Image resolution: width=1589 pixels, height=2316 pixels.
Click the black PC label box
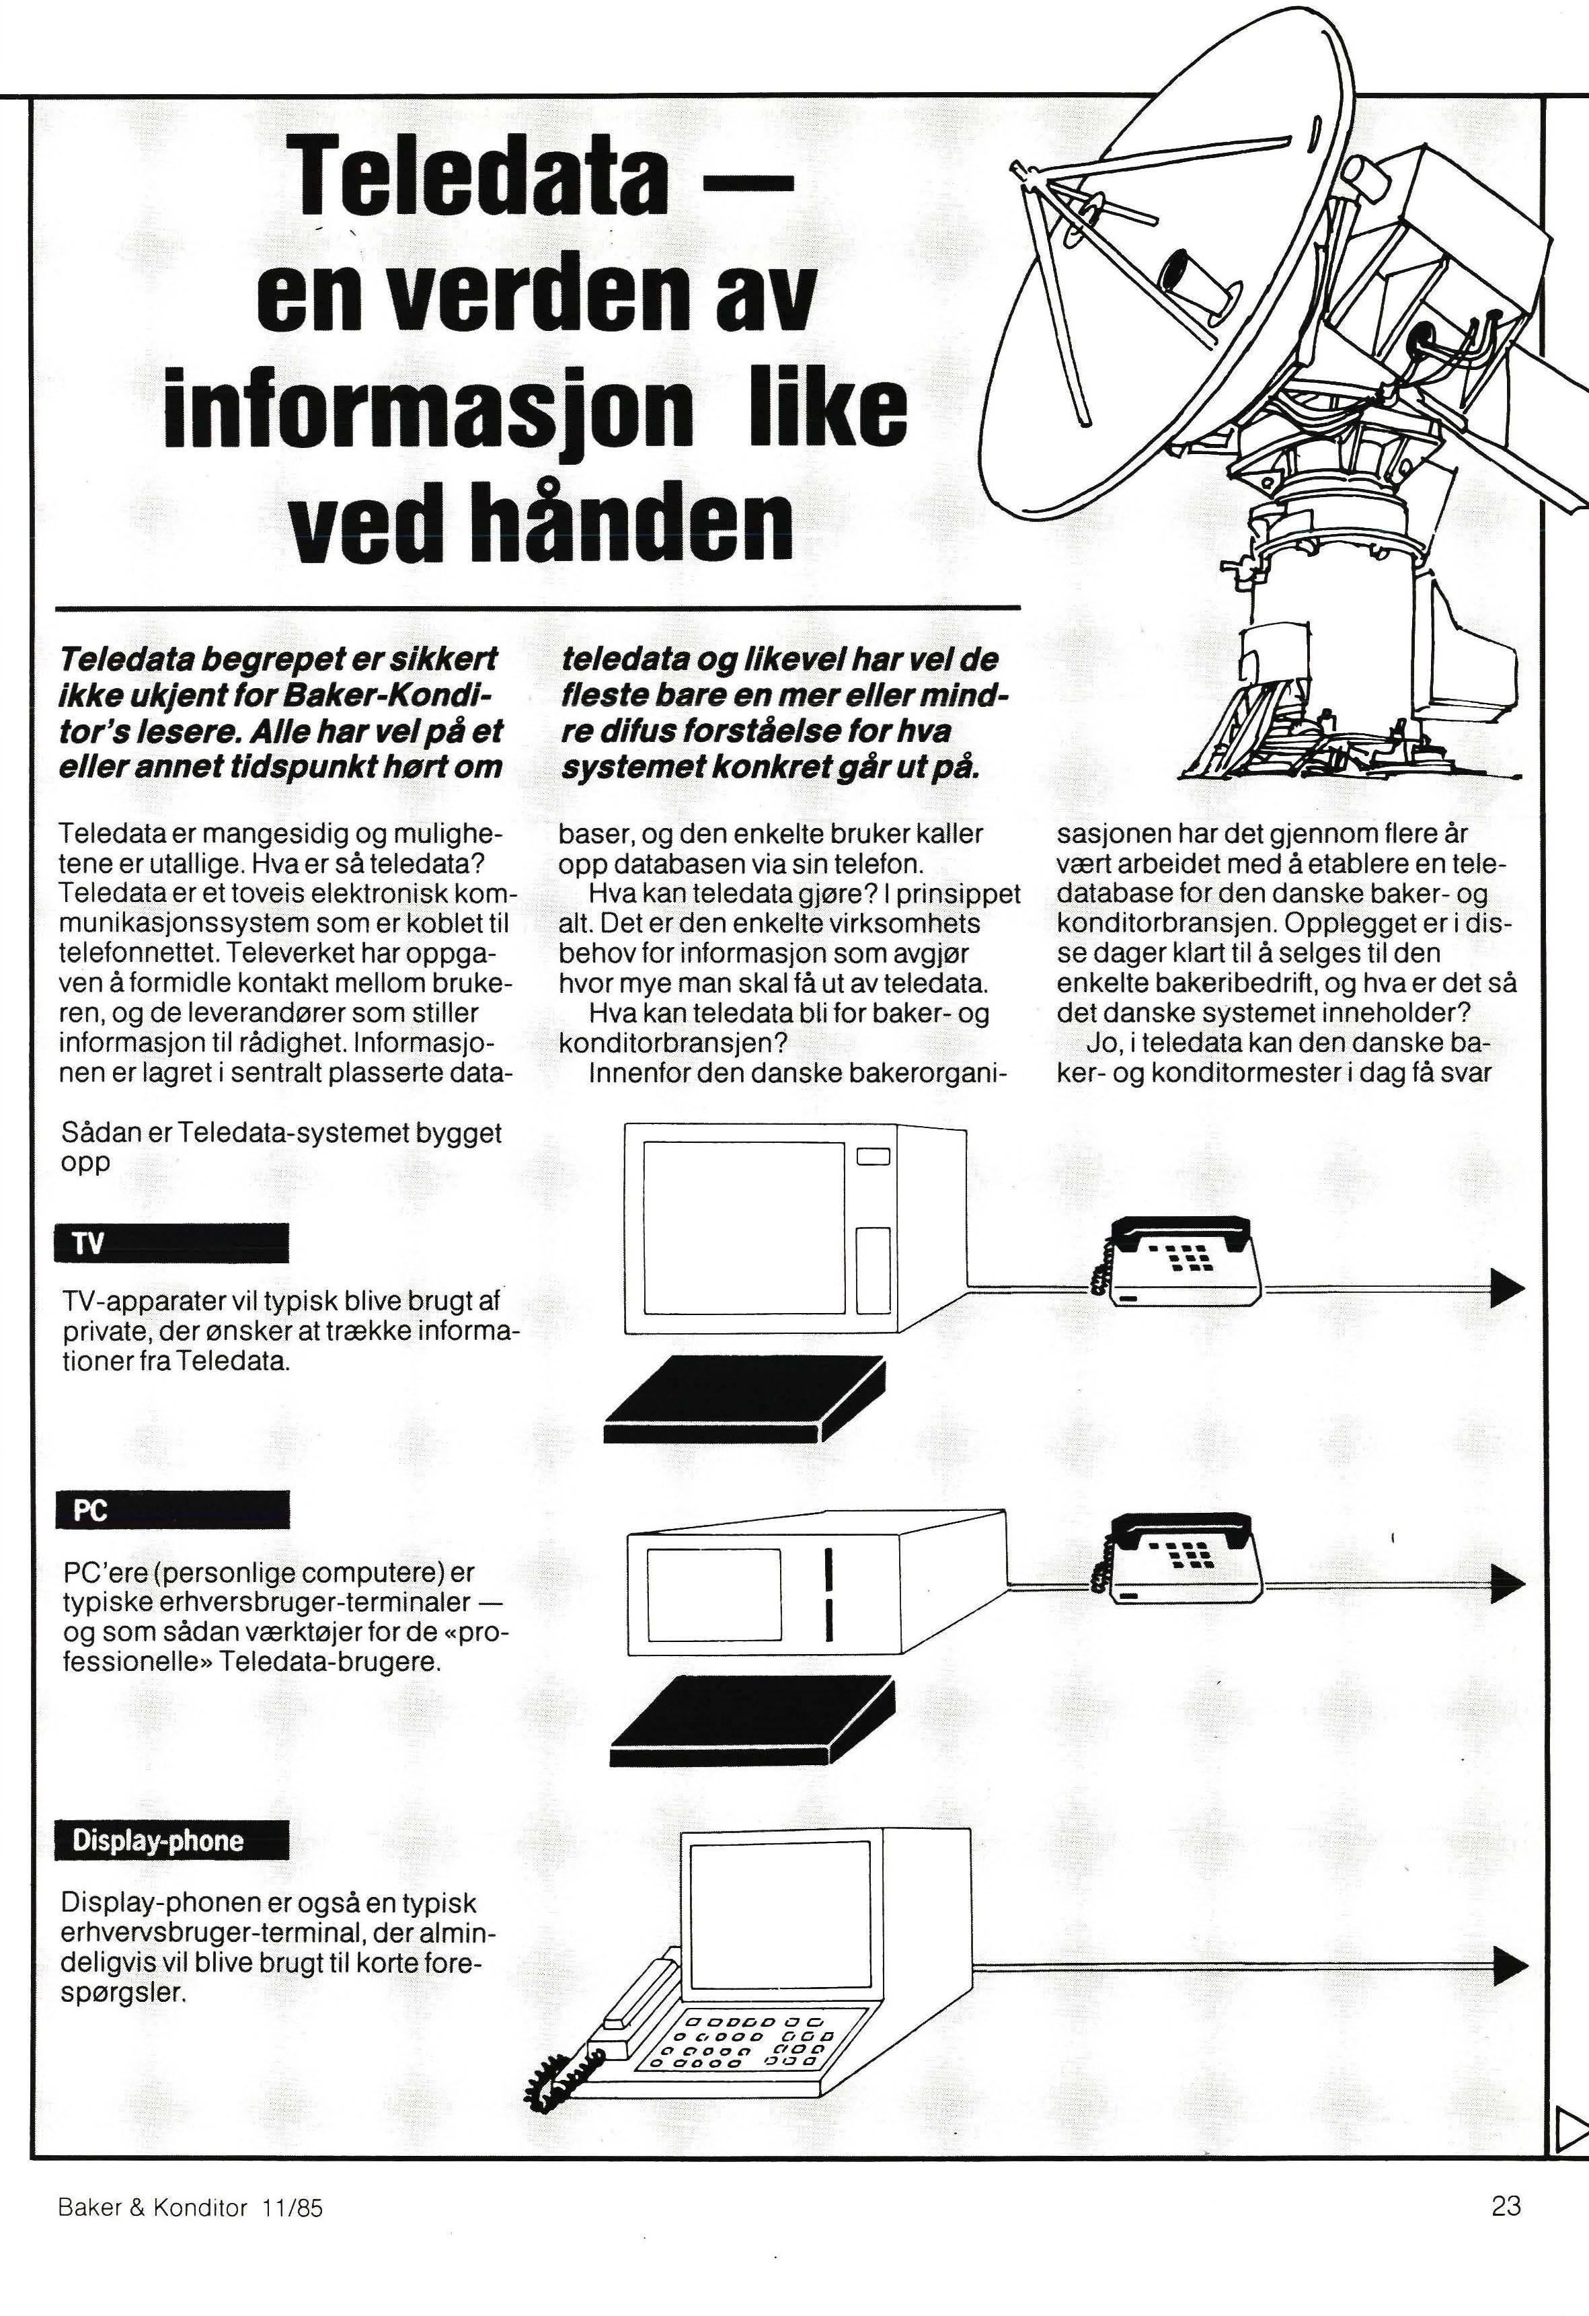point(171,1509)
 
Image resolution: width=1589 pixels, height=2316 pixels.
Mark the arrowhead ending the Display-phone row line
point(1508,1967)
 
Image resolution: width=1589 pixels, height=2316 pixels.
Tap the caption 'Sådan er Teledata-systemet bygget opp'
point(281,1147)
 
